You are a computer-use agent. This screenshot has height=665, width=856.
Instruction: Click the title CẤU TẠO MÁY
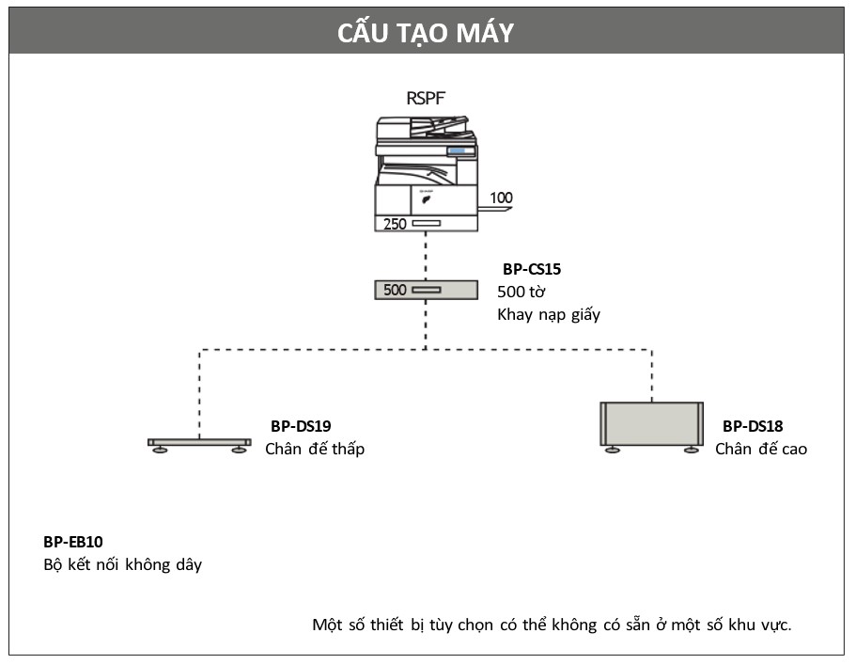[x=426, y=32]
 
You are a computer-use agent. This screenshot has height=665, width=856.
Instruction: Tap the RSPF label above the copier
[x=426, y=99]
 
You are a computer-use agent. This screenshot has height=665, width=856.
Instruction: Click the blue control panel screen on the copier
[x=457, y=150]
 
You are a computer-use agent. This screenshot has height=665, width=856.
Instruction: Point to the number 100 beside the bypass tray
[x=501, y=198]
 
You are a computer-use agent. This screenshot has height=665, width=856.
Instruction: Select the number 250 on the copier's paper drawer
[x=395, y=224]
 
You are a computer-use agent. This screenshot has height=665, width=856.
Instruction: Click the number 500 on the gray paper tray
[x=395, y=290]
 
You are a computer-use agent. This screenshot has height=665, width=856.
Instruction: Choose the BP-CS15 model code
[x=532, y=269]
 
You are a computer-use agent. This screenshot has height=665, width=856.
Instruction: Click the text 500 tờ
[x=521, y=292]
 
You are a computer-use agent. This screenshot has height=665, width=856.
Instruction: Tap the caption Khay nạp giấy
[x=549, y=315]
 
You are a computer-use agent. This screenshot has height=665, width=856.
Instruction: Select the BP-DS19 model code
[x=301, y=426]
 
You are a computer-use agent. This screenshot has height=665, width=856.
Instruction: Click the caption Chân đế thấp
[x=315, y=449]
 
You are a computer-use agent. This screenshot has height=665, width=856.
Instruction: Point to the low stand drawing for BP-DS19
[x=199, y=443]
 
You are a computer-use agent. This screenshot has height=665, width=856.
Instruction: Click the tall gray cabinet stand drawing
[x=652, y=424]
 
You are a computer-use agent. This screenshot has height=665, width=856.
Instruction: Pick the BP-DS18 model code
[x=753, y=426]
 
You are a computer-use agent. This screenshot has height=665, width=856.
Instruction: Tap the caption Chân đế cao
[x=761, y=449]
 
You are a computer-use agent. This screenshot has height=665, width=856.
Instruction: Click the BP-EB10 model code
[x=73, y=542]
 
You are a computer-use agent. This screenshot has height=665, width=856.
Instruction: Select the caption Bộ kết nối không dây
[x=123, y=564]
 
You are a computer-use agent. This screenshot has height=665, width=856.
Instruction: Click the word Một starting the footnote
[x=328, y=625]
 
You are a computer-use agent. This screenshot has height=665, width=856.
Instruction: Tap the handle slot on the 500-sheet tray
[x=427, y=290]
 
